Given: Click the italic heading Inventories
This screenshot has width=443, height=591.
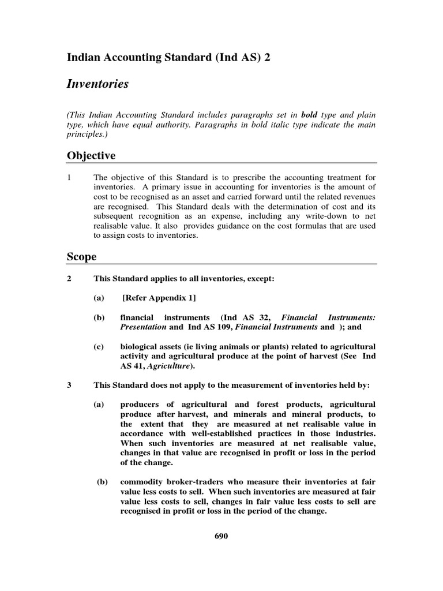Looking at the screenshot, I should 97,85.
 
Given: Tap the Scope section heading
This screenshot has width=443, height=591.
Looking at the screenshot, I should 81,257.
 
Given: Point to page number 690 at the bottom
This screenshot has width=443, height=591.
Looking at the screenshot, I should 221,536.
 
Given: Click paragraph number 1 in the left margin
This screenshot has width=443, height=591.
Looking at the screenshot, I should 69,178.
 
